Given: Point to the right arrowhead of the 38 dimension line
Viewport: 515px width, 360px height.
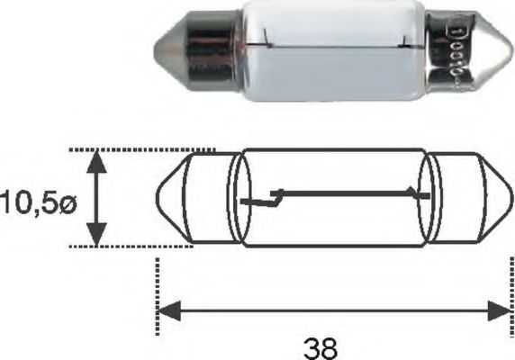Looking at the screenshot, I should click(x=501, y=311).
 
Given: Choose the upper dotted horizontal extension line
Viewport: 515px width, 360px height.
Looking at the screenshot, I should click(x=144, y=150).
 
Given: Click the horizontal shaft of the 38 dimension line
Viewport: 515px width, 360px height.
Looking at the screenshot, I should click(x=333, y=311).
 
